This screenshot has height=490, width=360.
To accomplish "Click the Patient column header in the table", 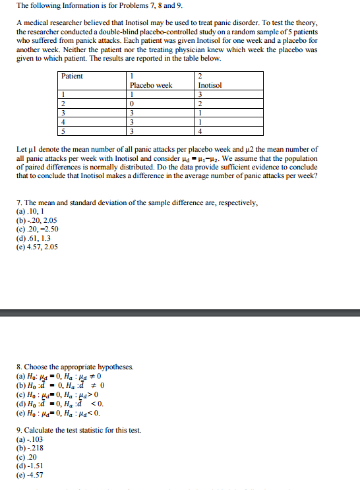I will click(73, 77).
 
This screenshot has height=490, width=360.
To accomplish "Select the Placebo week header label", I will click(151, 86).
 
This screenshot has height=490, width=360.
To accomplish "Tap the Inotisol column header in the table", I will click(210, 86).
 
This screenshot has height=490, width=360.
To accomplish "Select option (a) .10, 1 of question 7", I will click(32, 212).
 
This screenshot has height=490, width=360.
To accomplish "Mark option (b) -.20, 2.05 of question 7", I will click(37, 220).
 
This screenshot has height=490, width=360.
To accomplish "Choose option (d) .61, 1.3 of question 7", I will click(34, 238).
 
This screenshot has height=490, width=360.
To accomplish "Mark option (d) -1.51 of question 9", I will click(30, 465).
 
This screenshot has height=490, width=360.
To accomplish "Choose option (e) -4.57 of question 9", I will click(30, 474).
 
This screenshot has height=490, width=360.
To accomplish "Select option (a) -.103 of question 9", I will click(30, 439).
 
